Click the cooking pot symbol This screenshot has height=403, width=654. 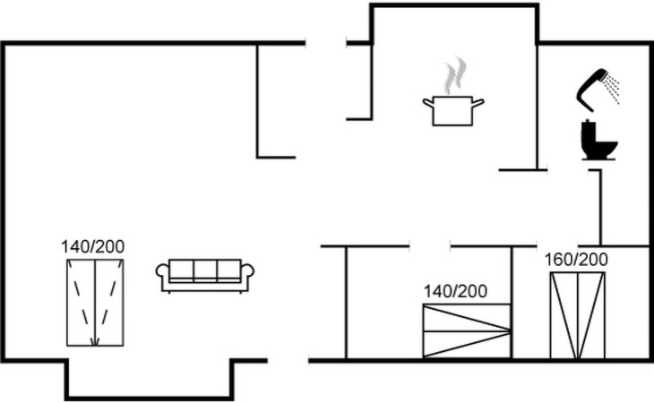click(453, 111)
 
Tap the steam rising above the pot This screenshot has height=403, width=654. click(454, 75)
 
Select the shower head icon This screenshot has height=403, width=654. click(591, 90)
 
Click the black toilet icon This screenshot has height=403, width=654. click(598, 140)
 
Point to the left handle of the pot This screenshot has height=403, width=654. click(428, 102)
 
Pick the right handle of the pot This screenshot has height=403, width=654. click(478, 102)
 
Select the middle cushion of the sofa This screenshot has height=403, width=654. click(205, 270)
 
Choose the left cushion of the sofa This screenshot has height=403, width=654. click(182, 270)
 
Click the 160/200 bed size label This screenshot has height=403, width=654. click(576, 260)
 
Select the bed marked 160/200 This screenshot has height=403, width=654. click(577, 315)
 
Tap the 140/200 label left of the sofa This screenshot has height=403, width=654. click(92, 246)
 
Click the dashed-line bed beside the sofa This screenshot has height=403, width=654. click(95, 303)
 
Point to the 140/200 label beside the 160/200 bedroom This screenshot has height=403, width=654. click(455, 291)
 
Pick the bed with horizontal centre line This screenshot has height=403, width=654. click(467, 330)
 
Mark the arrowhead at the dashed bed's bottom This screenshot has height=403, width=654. click(95, 343)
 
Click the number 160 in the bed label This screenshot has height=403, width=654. click(558, 260)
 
